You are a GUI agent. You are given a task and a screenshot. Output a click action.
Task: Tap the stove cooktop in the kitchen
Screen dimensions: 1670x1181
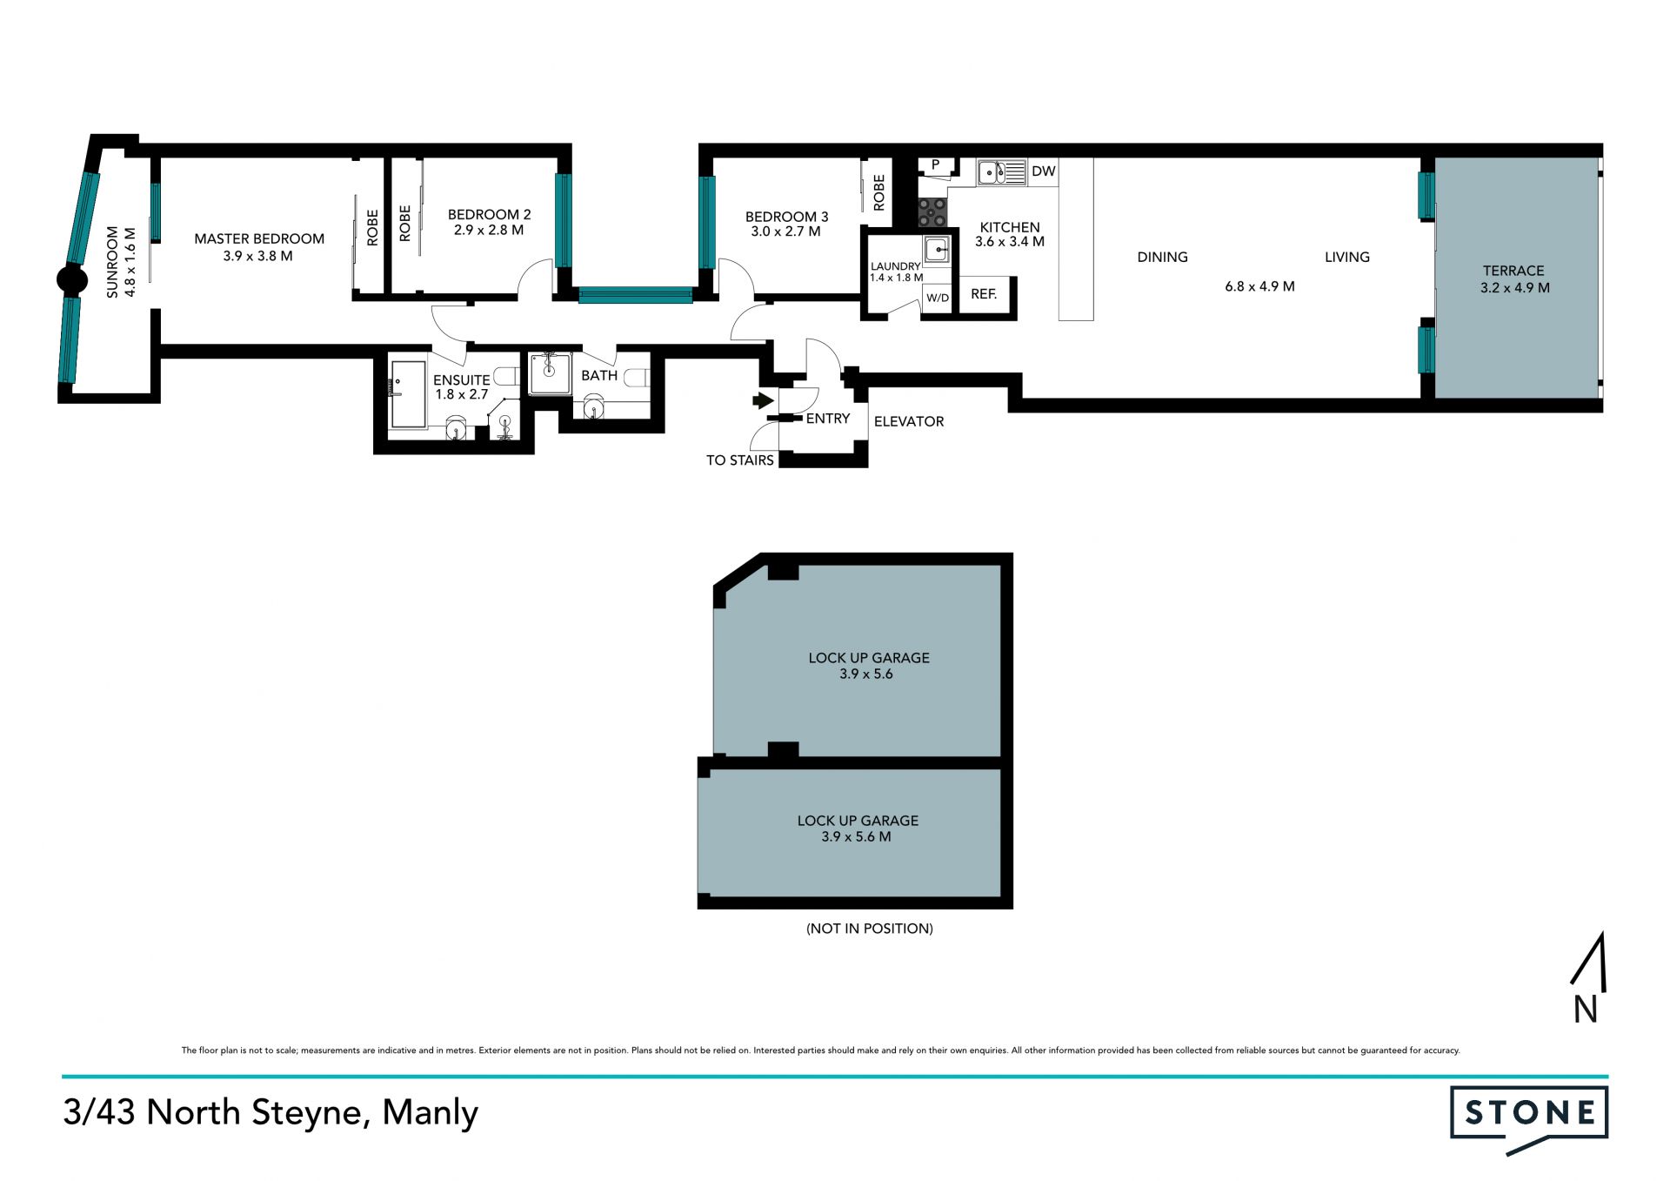(932, 212)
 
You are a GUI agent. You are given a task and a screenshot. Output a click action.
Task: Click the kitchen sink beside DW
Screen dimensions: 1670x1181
(1001, 172)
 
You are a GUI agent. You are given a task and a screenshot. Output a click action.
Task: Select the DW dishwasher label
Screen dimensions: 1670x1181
(1043, 171)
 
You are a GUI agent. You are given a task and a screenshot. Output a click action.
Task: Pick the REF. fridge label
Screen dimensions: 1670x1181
(984, 294)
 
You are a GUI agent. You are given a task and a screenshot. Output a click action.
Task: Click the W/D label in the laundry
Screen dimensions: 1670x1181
(938, 298)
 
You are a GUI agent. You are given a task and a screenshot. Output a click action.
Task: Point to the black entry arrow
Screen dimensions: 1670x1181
(763, 400)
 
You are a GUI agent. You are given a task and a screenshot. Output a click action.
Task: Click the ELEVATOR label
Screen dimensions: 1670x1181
(909, 421)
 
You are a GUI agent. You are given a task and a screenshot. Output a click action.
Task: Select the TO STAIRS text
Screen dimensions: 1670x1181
(739, 460)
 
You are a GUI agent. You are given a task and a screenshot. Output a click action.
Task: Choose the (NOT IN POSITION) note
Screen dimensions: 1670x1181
(870, 929)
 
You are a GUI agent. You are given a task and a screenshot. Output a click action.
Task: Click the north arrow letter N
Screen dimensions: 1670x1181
(1586, 1010)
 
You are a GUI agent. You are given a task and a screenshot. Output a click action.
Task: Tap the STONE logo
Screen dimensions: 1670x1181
(1529, 1119)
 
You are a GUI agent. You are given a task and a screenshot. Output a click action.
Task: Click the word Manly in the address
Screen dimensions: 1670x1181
(431, 1113)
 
